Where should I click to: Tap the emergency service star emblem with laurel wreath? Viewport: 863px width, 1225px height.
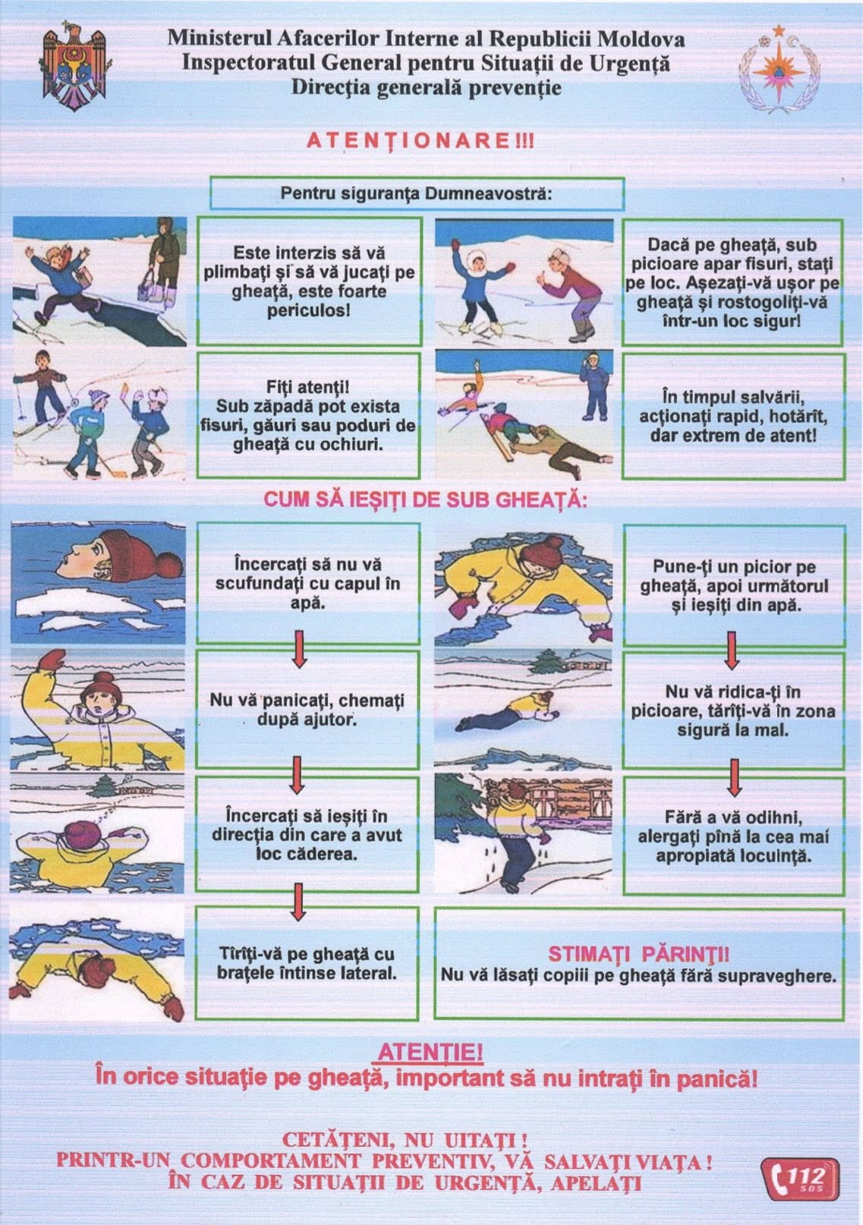click(x=780, y=75)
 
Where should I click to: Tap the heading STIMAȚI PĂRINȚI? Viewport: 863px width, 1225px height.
click(x=639, y=953)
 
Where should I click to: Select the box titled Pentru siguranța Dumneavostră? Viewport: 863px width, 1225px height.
click(x=417, y=194)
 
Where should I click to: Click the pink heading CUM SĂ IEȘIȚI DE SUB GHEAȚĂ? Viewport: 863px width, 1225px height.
click(x=425, y=499)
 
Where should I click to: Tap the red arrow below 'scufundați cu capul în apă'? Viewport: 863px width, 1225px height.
click(x=299, y=649)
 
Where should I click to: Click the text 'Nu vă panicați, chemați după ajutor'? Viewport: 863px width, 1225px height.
click(x=307, y=710)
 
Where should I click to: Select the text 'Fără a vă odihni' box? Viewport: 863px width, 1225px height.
click(x=733, y=836)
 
